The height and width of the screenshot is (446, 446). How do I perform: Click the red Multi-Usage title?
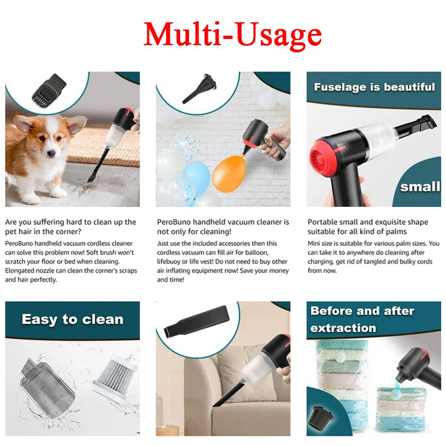pos(232,35)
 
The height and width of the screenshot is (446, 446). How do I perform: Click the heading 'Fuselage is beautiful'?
pos(374,87)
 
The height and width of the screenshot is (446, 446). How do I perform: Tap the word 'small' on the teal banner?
pos(420,186)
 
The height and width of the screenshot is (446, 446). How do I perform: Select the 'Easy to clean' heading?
pos(72,319)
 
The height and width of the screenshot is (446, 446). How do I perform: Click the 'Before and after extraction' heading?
pos(362,319)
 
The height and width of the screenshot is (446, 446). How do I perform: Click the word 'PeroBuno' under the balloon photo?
pos(174,222)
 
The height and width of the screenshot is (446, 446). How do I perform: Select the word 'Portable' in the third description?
pos(323,222)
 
